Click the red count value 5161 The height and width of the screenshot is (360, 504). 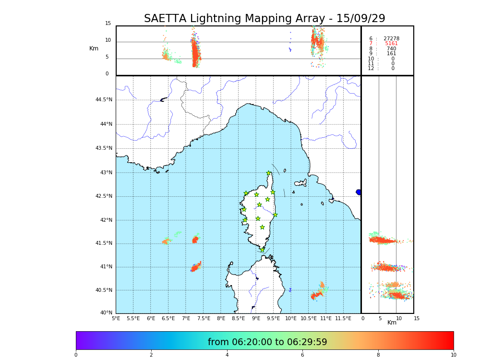point(391,44)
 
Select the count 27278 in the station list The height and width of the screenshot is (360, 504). point(391,39)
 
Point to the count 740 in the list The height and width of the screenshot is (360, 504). point(391,49)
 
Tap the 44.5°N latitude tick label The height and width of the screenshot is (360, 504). point(104,100)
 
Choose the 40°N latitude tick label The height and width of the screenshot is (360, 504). point(106,313)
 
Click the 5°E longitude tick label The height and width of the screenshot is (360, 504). point(116,318)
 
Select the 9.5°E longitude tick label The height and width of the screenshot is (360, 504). point(274,318)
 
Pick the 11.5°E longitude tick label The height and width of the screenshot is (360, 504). point(343,318)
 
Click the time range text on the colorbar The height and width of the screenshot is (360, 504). point(267,342)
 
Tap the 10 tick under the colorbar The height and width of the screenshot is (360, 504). point(453,355)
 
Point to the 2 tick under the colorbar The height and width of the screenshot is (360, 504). point(151,355)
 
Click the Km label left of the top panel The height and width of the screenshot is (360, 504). point(94,48)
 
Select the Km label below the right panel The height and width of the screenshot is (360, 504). point(392,323)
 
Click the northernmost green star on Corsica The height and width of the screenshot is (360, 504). point(269,173)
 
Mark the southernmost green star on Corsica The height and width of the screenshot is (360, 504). point(262,250)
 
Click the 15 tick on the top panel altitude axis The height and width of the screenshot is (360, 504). point(108,24)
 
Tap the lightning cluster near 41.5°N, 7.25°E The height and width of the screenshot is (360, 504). point(195,240)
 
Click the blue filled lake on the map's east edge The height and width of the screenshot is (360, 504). point(359,192)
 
